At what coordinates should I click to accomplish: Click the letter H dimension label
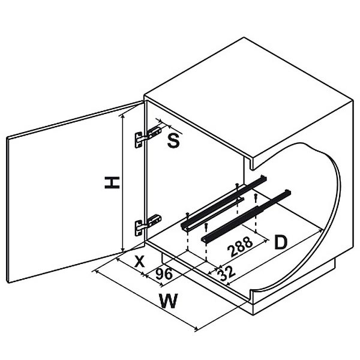click(x=112, y=182)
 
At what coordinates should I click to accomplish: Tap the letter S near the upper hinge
click(x=173, y=140)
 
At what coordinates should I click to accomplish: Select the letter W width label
click(x=169, y=301)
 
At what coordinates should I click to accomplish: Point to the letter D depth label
click(x=281, y=242)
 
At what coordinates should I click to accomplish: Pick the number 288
click(x=240, y=247)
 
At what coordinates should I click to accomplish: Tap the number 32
click(x=226, y=274)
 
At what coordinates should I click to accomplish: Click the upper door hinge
click(x=148, y=136)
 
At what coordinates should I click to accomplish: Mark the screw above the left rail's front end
click(x=188, y=216)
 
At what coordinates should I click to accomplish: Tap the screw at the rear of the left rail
click(x=237, y=187)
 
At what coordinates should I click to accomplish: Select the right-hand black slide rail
click(x=246, y=215)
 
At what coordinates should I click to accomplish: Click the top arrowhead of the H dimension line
click(x=123, y=116)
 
